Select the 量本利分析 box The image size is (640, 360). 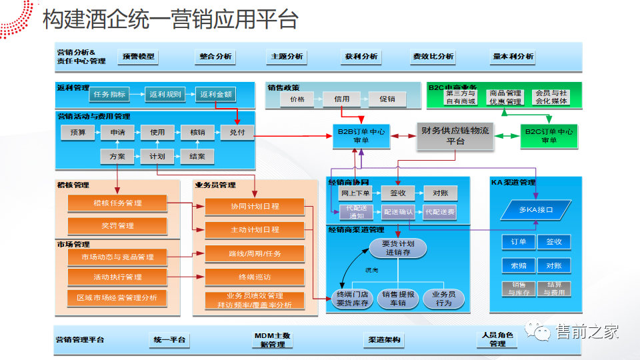tap(513, 57)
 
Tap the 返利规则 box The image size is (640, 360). tap(165, 95)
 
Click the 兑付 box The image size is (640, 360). tap(237, 133)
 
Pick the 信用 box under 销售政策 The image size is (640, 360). tap(341, 99)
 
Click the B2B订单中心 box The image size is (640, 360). tap(361, 136)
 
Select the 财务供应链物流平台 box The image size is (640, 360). tap(455, 136)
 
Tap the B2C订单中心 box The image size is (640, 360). tap(549, 136)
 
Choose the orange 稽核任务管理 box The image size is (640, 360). tap(117, 203)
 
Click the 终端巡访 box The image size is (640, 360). tap(254, 277)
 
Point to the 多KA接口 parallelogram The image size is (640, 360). tap(536, 210)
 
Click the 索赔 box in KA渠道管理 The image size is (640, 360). tap(519, 265)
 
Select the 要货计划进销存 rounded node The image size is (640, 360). tap(397, 248)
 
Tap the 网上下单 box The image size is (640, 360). tap(355, 193)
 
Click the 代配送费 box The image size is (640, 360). tap(440, 213)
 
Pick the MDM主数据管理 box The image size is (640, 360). tap(272, 340)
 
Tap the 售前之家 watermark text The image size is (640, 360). tap(587, 331)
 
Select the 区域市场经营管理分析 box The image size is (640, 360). tap(117, 297)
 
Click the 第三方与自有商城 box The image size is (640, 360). tap(461, 97)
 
